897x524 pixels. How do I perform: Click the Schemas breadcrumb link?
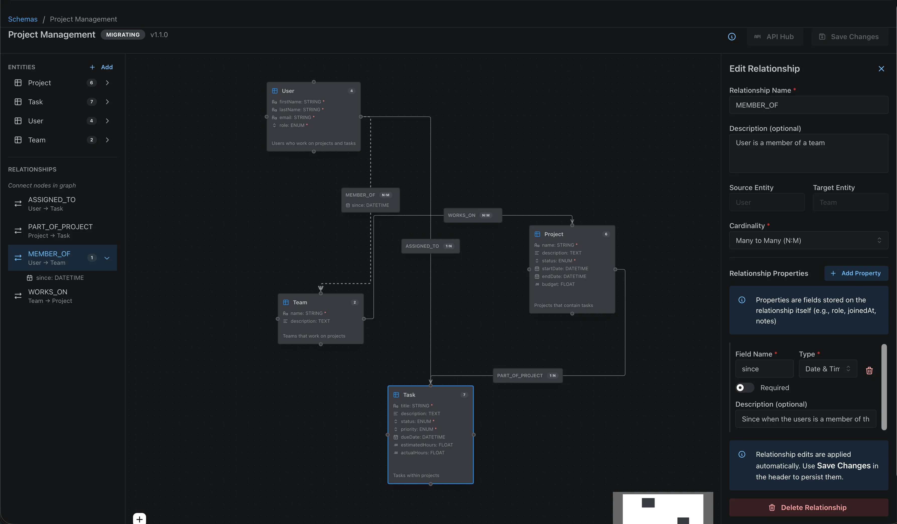tap(23, 19)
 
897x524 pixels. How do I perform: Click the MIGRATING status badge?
tap(123, 35)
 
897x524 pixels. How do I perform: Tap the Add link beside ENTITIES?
tap(102, 67)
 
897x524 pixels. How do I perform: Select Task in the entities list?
tap(36, 102)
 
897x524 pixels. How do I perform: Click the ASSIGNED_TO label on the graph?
tap(422, 246)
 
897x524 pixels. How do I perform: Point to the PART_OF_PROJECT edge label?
tap(520, 375)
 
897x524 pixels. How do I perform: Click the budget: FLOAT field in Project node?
tap(558, 284)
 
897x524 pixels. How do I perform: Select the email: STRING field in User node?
tap(295, 117)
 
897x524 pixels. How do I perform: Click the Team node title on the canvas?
tap(300, 302)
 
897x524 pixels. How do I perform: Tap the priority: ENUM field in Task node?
tap(416, 429)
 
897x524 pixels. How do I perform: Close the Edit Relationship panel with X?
tap(881, 69)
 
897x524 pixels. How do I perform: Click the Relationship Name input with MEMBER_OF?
tap(808, 105)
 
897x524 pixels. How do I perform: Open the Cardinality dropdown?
tap(808, 241)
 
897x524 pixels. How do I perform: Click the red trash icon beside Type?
tap(869, 370)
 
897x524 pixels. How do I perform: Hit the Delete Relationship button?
tap(808, 507)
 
